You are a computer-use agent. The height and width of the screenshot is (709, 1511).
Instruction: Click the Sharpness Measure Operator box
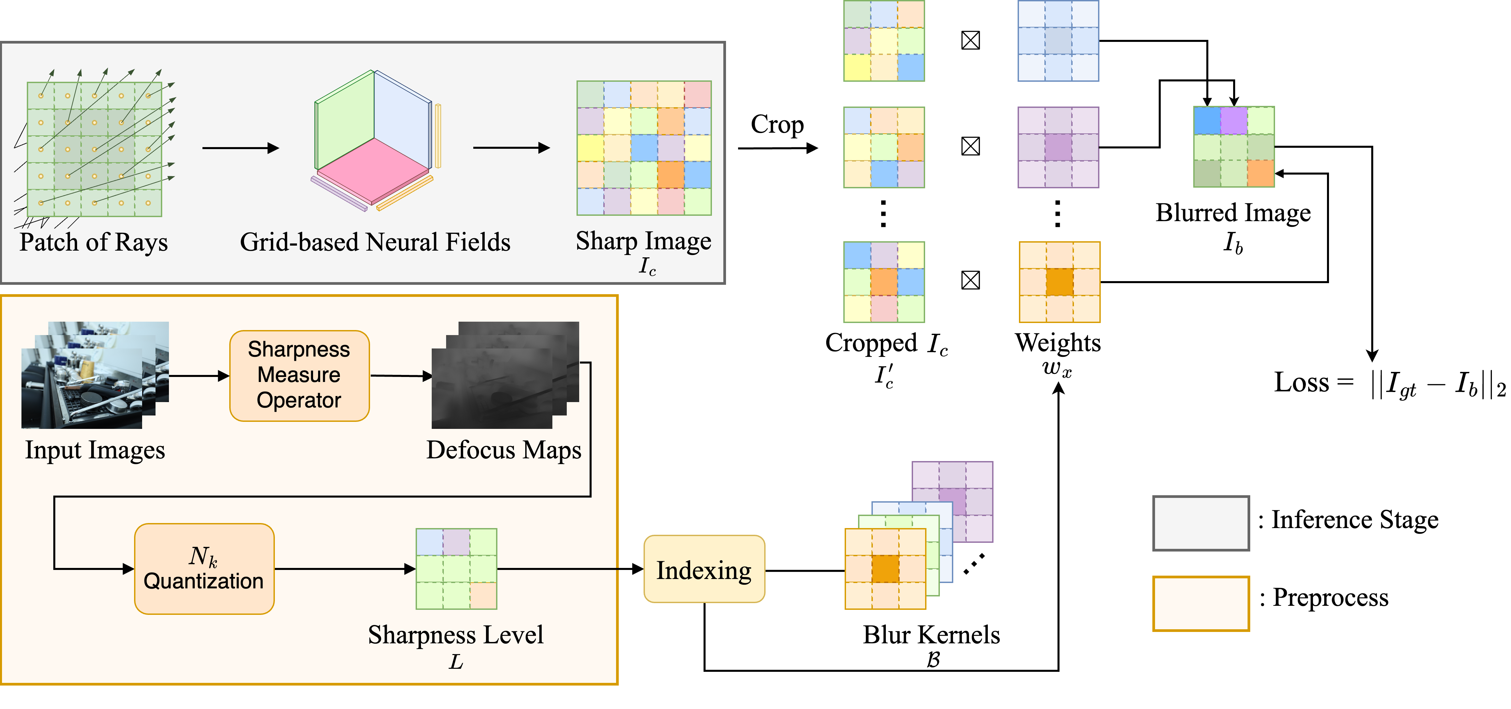pyautogui.click(x=299, y=375)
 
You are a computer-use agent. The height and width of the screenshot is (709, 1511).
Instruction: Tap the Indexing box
pyautogui.click(x=704, y=569)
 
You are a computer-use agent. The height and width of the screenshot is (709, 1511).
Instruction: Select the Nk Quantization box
pyautogui.click(x=204, y=569)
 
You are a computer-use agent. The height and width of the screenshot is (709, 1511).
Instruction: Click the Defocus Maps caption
pyautogui.click(x=503, y=450)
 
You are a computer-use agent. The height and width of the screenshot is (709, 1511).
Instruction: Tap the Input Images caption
pyautogui.click(x=95, y=450)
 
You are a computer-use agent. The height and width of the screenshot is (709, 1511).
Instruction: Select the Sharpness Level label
pyautogui.click(x=456, y=635)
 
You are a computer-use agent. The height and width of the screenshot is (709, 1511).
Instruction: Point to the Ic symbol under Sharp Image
pyautogui.click(x=647, y=267)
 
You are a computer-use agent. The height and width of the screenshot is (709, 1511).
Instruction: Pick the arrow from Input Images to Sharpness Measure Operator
pyautogui.click(x=198, y=376)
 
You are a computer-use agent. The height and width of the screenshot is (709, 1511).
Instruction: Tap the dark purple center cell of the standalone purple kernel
pyautogui.click(x=1058, y=147)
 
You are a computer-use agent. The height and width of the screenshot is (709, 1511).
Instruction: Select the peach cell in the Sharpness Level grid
pyautogui.click(x=483, y=596)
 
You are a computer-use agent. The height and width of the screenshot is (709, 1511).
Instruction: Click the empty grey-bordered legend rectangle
pyautogui.click(x=1201, y=523)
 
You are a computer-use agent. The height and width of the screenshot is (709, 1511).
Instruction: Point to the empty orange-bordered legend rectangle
pyautogui.click(x=1201, y=603)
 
